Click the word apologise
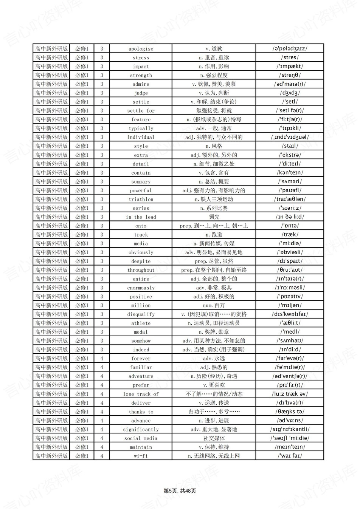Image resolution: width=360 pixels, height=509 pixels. click(141, 49)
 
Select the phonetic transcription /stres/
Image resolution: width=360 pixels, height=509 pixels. click(290, 57)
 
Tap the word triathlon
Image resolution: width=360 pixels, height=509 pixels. click(141, 199)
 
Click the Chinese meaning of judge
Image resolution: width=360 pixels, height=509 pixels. click(214, 93)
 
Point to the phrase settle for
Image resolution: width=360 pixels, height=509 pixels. click(141, 111)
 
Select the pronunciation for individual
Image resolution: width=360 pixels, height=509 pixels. click(290, 137)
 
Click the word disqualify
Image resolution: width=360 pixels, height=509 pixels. click(141, 314)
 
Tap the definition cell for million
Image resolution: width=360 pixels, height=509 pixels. click(214, 305)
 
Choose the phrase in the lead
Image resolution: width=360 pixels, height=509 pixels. click(141, 217)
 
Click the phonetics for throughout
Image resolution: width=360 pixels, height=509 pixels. click(290, 270)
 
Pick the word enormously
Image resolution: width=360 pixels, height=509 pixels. click(141, 288)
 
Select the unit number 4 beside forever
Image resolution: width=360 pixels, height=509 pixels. click(102, 358)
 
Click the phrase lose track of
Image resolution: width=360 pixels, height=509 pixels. click(141, 394)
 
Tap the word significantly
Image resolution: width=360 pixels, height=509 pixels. click(141, 429)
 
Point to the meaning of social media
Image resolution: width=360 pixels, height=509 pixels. click(214, 438)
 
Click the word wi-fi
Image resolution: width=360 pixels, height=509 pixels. click(141, 456)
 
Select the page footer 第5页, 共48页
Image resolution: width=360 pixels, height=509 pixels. click(180, 491)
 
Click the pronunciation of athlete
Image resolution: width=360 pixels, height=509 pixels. click(290, 323)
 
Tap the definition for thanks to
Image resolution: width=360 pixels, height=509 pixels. click(214, 412)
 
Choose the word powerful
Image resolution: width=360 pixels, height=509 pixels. click(141, 190)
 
